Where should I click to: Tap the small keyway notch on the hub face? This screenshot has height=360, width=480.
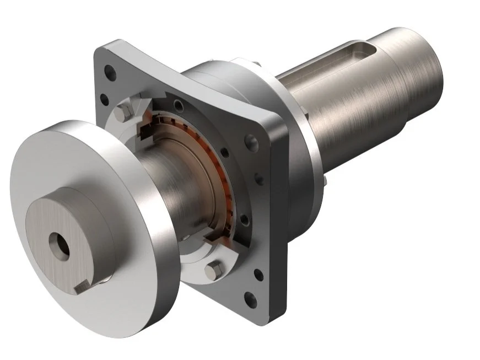click(x=80, y=286)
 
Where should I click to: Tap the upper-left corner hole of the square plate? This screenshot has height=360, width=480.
click(x=111, y=72)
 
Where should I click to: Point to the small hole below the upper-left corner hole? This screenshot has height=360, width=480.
click(x=102, y=99)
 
